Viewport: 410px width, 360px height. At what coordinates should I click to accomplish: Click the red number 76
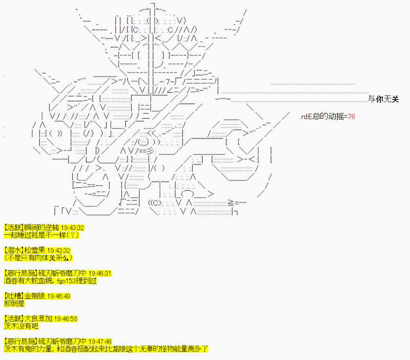coord(351,116)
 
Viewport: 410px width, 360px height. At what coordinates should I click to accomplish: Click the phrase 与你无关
coord(383,99)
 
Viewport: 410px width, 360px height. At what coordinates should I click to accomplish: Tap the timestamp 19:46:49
coord(59,296)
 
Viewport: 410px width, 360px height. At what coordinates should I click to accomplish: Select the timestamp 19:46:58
coord(66,319)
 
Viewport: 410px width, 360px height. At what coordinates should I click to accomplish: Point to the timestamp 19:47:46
coord(100,342)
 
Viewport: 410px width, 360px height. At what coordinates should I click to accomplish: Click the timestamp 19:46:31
coord(100,274)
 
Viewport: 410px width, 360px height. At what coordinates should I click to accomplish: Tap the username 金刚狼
coord(35,296)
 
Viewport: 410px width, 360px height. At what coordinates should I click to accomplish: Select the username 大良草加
coord(38,319)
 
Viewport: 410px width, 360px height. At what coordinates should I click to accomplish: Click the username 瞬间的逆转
coord(42,228)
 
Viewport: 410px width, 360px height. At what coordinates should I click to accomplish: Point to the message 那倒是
coord(15,303)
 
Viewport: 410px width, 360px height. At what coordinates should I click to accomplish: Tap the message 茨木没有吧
coord(21,326)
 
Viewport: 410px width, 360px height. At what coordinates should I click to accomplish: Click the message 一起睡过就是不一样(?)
coord(41,235)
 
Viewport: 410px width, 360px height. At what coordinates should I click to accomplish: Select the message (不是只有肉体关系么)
coord(38,258)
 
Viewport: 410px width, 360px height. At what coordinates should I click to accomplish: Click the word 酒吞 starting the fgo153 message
coord(11,281)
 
